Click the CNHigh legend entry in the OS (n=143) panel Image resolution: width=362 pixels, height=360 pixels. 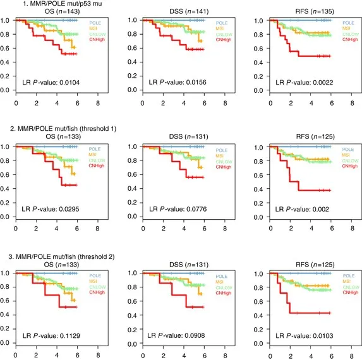click(x=91, y=40)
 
